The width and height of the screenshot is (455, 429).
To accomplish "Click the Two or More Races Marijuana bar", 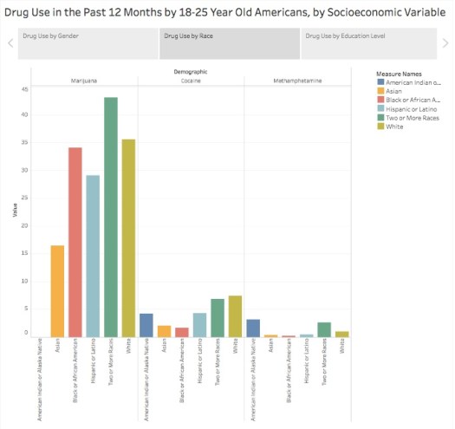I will [111, 217].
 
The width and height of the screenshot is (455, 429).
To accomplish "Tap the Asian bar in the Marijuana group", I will [58, 291].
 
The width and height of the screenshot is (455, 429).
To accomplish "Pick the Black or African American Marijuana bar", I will [75, 242].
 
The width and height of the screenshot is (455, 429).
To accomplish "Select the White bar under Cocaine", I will [235, 316].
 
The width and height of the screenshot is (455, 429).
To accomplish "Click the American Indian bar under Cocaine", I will [146, 325].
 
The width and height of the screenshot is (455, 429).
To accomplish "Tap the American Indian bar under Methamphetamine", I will [253, 328].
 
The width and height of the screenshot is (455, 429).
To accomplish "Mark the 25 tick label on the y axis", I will [25, 198].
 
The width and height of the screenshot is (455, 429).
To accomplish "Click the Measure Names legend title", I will [388, 74].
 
